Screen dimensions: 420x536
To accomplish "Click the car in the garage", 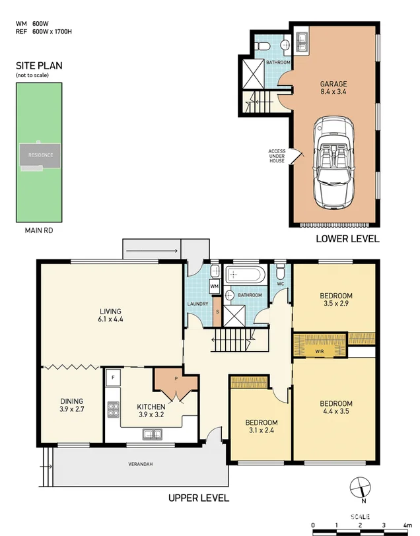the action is [x=333, y=162].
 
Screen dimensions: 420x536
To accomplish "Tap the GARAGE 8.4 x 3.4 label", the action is [x=333, y=88].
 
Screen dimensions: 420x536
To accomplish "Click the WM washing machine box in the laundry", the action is [x=215, y=286].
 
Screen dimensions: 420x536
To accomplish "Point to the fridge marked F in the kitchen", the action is [x=113, y=378].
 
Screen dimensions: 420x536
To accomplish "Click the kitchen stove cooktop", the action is [x=113, y=409].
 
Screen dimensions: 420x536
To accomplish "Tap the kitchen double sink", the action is [x=152, y=434].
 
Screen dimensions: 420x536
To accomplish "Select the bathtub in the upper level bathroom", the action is [x=245, y=275].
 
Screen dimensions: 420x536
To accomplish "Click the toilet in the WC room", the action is [x=281, y=271].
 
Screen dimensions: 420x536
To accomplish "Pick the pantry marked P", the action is [x=176, y=380].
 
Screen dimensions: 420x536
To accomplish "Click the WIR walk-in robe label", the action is [x=320, y=351].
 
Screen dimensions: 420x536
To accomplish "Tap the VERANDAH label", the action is [x=141, y=464].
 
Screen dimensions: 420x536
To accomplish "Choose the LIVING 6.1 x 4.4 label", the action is [x=110, y=315].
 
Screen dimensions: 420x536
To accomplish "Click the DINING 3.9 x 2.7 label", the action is [x=72, y=405].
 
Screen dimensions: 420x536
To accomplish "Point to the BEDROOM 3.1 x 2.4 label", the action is [x=262, y=426].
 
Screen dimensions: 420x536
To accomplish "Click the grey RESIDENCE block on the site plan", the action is [x=40, y=156].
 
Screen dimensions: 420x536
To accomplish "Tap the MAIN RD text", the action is [x=39, y=230].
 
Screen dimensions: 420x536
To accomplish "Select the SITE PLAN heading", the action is [x=39, y=65].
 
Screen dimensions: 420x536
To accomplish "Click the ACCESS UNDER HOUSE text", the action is [x=277, y=156].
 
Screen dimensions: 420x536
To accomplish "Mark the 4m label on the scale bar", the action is [x=407, y=525].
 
